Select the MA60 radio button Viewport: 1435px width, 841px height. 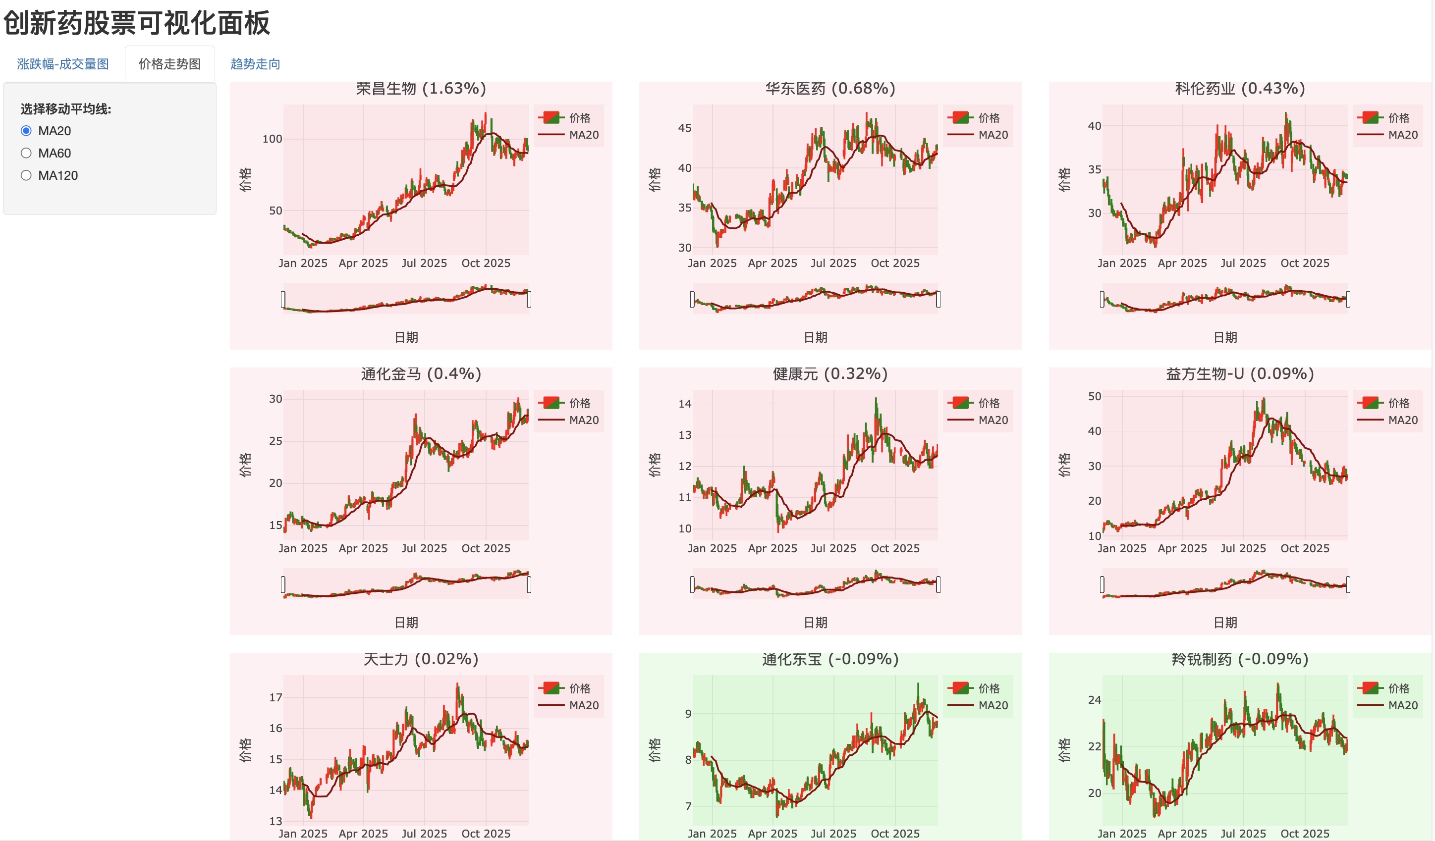pyautogui.click(x=26, y=153)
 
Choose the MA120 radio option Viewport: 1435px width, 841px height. pyautogui.click(x=26, y=175)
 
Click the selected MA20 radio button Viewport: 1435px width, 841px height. pyautogui.click(x=26, y=131)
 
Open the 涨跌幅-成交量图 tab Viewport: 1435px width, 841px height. pyautogui.click(x=62, y=64)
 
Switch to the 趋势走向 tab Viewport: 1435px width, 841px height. pyautogui.click(x=255, y=64)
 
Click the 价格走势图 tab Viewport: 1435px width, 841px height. pyautogui.click(x=169, y=64)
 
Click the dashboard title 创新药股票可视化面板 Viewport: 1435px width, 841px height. pyautogui.click(x=137, y=23)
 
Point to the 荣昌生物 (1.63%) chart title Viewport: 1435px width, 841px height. pyautogui.click(x=421, y=89)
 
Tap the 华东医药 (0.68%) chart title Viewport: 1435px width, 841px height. pyautogui.click(x=830, y=89)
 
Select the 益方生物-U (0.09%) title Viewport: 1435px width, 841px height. pyautogui.click(x=1240, y=374)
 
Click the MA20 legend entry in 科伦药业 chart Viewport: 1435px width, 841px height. pyautogui.click(x=1402, y=135)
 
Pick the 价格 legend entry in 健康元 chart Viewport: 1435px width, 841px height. pyautogui.click(x=989, y=403)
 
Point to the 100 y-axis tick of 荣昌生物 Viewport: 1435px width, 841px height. pyautogui.click(x=272, y=139)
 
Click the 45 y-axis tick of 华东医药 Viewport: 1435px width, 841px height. pyautogui.click(x=684, y=128)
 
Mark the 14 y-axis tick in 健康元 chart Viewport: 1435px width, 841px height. pyautogui.click(x=684, y=404)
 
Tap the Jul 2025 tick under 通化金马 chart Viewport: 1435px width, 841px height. pyautogui.click(x=424, y=548)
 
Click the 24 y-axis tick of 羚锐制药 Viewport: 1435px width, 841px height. pyautogui.click(x=1095, y=700)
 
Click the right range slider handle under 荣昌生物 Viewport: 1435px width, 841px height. pyautogui.click(x=529, y=299)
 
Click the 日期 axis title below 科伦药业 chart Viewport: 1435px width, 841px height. pyautogui.click(x=1225, y=337)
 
